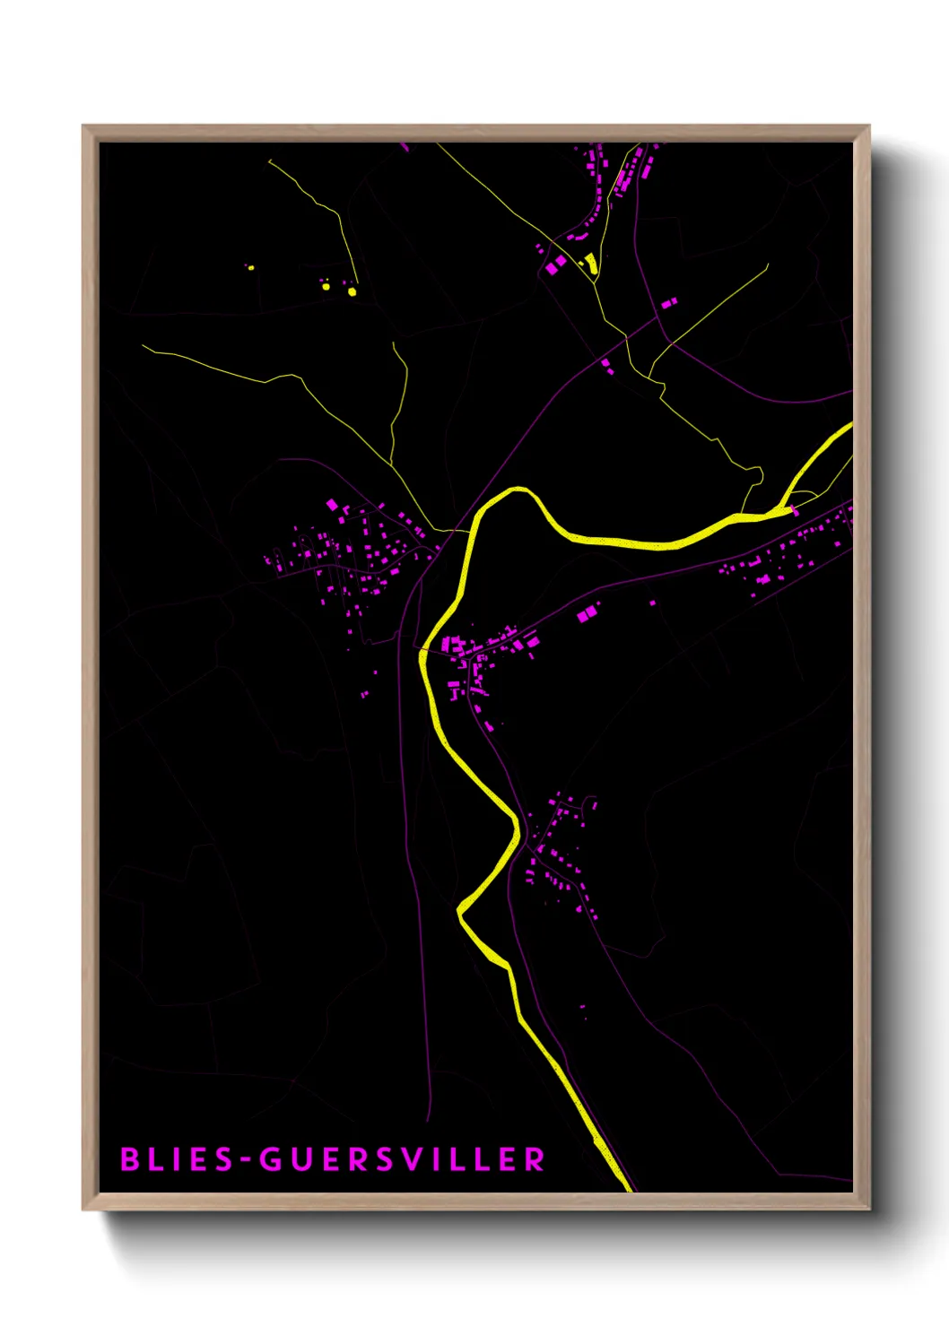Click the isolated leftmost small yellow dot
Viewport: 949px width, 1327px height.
(250, 267)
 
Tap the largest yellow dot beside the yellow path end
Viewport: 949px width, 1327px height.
(352, 291)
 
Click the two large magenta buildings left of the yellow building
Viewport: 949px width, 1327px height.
(556, 264)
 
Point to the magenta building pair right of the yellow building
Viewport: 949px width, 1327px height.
(669, 303)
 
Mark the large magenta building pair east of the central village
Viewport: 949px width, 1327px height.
(587, 613)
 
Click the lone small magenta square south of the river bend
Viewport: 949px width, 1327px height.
(652, 603)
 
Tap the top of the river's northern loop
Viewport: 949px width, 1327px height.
(518, 490)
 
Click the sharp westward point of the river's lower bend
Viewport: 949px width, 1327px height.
(459, 912)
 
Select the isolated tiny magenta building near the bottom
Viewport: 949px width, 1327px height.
(583, 1009)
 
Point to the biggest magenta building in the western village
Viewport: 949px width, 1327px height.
(332, 505)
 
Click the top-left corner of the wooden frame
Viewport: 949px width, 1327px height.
(83, 126)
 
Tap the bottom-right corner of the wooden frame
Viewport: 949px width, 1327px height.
(868, 1208)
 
